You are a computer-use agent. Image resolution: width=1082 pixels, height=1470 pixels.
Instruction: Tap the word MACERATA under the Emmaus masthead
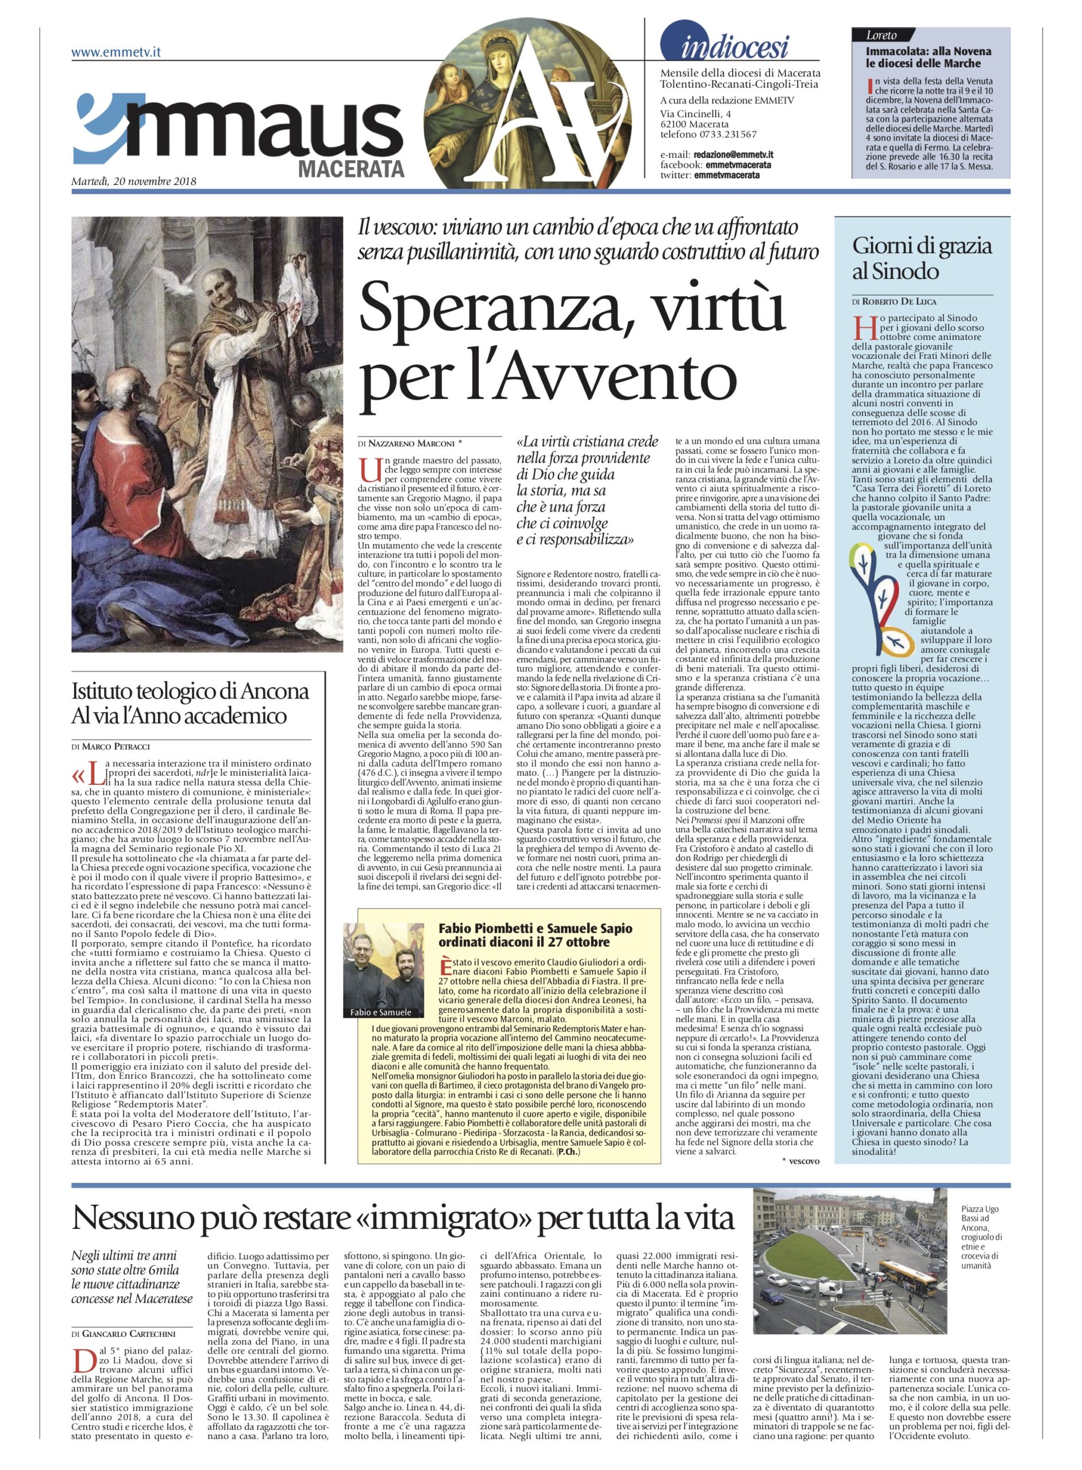[351, 169]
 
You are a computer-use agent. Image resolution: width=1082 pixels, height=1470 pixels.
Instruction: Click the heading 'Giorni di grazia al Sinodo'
[922, 258]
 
